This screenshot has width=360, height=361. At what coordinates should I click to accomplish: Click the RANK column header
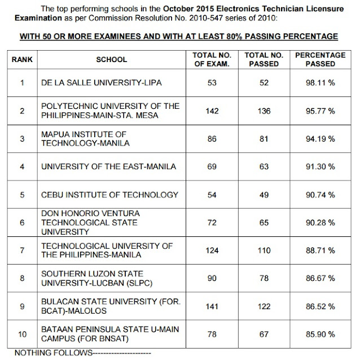[21, 60]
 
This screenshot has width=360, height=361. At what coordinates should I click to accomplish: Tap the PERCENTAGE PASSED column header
[316, 60]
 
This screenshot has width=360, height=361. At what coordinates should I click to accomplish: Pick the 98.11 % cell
[316, 83]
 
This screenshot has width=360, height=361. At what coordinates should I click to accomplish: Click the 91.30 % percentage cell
[316, 167]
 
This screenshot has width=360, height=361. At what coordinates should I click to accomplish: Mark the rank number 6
[21, 223]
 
